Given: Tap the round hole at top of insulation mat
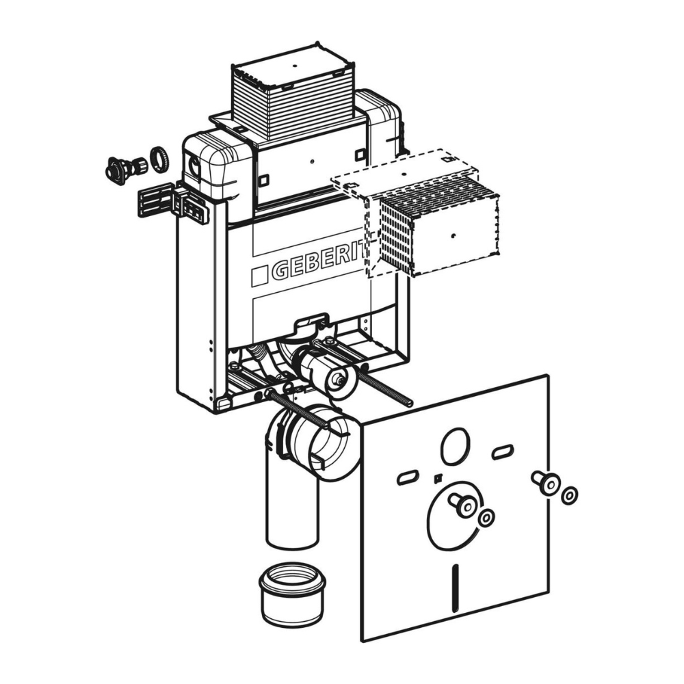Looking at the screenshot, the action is (455, 446).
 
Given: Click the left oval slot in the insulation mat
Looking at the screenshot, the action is (408, 477).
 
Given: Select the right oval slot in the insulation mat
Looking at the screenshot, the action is (503, 452).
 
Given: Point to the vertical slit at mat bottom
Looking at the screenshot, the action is (455, 588).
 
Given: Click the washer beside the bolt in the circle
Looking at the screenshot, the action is (486, 518).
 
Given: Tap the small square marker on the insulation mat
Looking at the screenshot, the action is (436, 479).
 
